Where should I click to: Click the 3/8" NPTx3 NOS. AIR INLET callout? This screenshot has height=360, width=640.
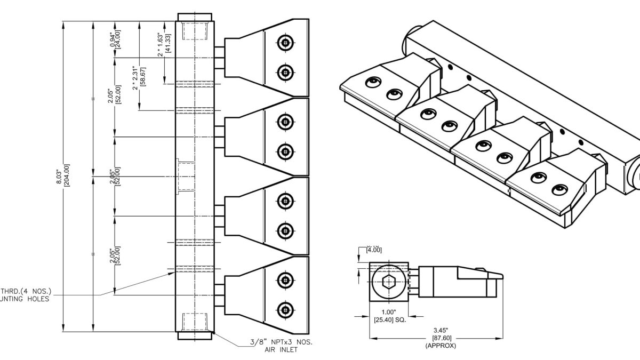pos(281,346)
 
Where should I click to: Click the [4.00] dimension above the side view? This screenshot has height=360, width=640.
pos(374,249)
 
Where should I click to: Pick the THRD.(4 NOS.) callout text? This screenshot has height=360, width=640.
pos(27,292)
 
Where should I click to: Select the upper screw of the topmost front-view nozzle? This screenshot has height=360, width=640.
pos(286,43)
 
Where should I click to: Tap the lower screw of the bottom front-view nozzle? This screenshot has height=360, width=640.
pos(286,309)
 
